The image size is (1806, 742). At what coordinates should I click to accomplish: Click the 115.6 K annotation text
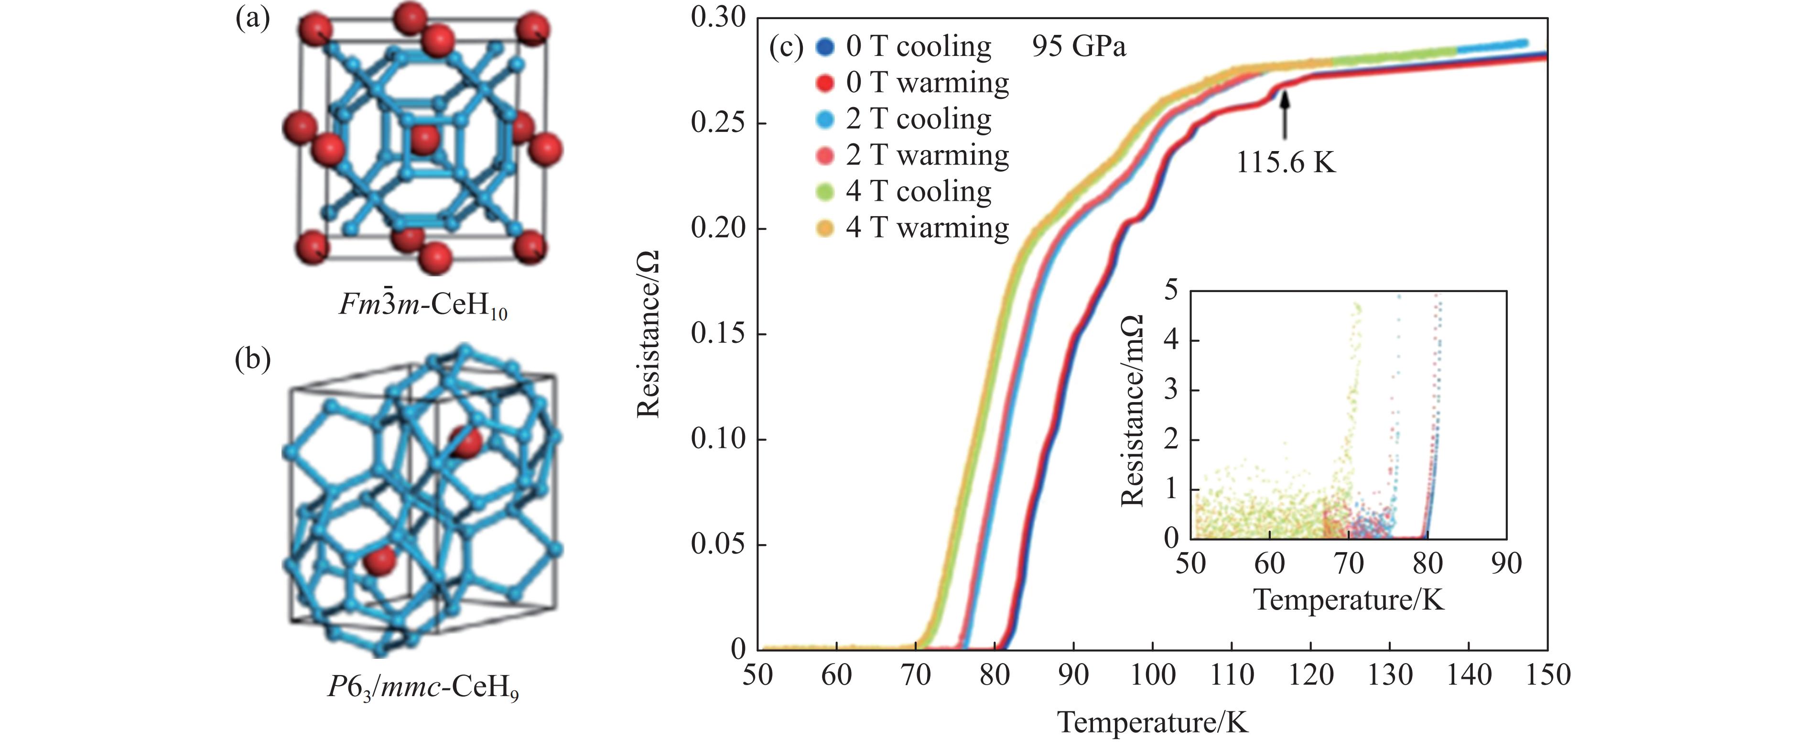tap(1285, 163)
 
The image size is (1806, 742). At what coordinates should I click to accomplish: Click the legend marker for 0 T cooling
tap(825, 47)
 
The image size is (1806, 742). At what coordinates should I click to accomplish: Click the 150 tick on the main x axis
tap(1547, 675)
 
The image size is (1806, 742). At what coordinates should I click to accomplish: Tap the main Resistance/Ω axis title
tap(649, 335)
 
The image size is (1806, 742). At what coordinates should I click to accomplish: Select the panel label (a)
tap(252, 19)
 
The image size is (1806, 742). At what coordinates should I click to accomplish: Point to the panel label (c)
tap(786, 46)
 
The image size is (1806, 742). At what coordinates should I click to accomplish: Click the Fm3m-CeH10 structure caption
tap(423, 306)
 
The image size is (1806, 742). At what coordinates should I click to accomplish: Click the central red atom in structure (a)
tap(423, 140)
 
